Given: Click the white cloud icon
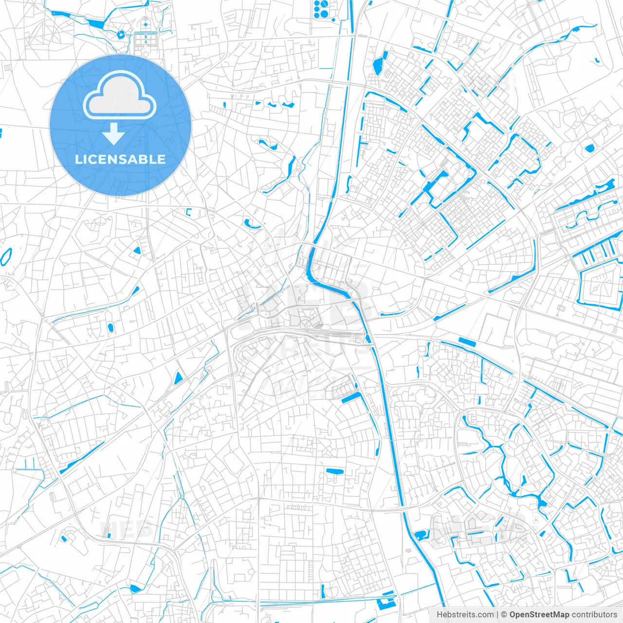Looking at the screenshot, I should (120, 95).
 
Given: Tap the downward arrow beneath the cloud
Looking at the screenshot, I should (113, 133).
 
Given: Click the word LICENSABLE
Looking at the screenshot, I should (120, 159).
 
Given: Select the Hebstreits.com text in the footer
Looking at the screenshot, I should (465, 615).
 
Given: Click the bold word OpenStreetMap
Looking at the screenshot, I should (539, 615).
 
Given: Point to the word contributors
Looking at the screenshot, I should (594, 615).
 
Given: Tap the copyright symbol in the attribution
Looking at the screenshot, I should (504, 615).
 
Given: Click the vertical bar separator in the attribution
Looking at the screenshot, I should (497, 615).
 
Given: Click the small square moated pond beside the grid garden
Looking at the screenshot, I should (120, 35).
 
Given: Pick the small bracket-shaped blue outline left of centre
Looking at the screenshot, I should (189, 212).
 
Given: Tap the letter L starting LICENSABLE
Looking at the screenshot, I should (78, 159).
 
